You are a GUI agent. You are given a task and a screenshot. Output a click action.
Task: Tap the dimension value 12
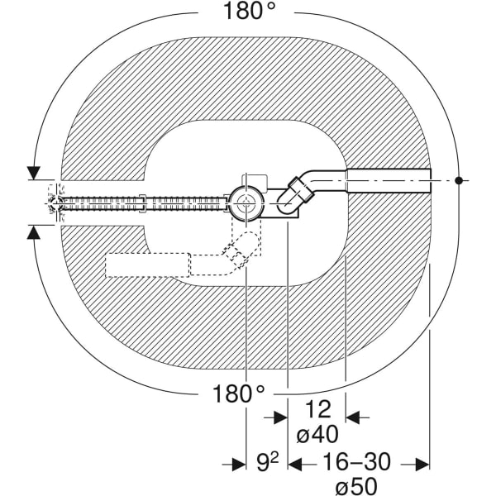[316, 408]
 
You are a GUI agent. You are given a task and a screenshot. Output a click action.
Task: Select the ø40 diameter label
[317, 433]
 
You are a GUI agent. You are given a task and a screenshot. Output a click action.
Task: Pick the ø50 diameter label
[357, 486]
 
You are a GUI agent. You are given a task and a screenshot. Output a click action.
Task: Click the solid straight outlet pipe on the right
[389, 179]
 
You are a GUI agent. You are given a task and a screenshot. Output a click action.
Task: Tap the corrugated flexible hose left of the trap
[141, 200]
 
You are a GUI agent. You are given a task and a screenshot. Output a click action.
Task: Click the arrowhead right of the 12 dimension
[352, 417]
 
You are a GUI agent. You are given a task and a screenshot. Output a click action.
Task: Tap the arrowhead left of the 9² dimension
[238, 465]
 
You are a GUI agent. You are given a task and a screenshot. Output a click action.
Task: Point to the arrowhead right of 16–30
[422, 465]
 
